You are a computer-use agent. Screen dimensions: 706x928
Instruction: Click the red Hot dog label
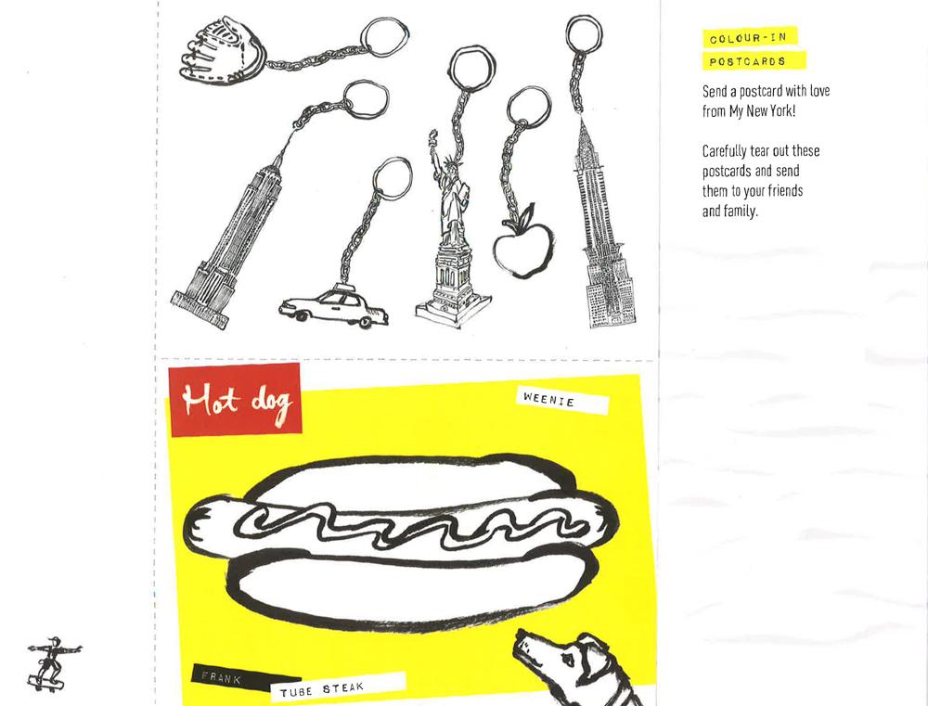(x=235, y=400)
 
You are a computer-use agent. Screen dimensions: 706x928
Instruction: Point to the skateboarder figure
(x=49, y=661)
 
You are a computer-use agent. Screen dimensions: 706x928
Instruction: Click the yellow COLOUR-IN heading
(x=749, y=39)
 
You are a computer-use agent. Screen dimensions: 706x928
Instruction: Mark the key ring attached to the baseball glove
(x=383, y=38)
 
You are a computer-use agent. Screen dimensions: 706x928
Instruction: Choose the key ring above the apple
(x=528, y=109)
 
